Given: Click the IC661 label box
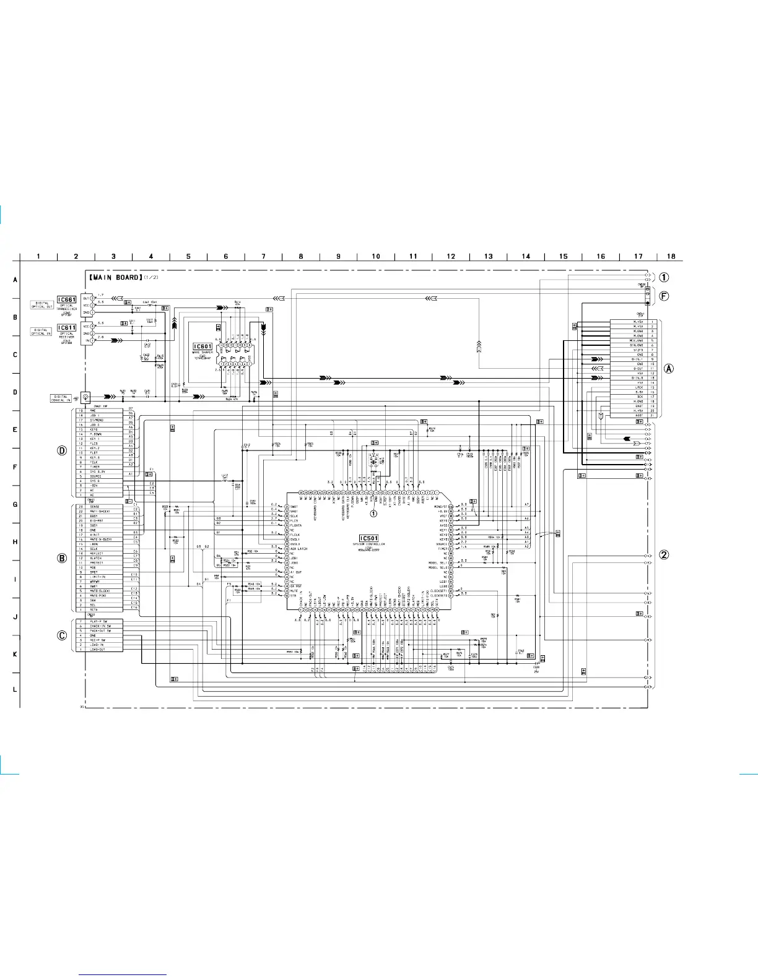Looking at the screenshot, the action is [x=67, y=299].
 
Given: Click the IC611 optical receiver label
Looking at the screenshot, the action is [x=67, y=327].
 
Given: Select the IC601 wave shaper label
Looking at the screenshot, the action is [x=203, y=347].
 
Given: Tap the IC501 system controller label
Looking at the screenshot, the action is [x=368, y=538].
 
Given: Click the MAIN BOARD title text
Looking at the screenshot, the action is [x=115, y=277].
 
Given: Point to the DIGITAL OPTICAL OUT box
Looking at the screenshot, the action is [x=42, y=304].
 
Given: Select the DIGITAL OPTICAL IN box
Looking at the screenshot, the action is [x=42, y=332].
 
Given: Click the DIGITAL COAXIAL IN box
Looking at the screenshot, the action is [x=61, y=398].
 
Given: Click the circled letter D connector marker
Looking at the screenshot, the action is [x=62, y=450].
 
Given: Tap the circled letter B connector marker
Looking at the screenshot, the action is [x=62, y=557].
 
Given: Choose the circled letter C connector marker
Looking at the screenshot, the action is [x=62, y=635].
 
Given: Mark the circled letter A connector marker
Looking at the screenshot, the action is [x=669, y=368].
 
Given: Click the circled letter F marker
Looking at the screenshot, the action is [x=664, y=296].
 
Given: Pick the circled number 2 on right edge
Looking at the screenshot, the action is [x=664, y=554].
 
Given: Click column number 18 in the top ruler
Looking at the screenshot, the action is [x=671, y=256].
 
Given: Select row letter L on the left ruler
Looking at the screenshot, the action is [x=15, y=690].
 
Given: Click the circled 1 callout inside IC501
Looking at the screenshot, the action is [x=373, y=513].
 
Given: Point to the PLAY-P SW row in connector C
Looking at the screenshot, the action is [x=101, y=621].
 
